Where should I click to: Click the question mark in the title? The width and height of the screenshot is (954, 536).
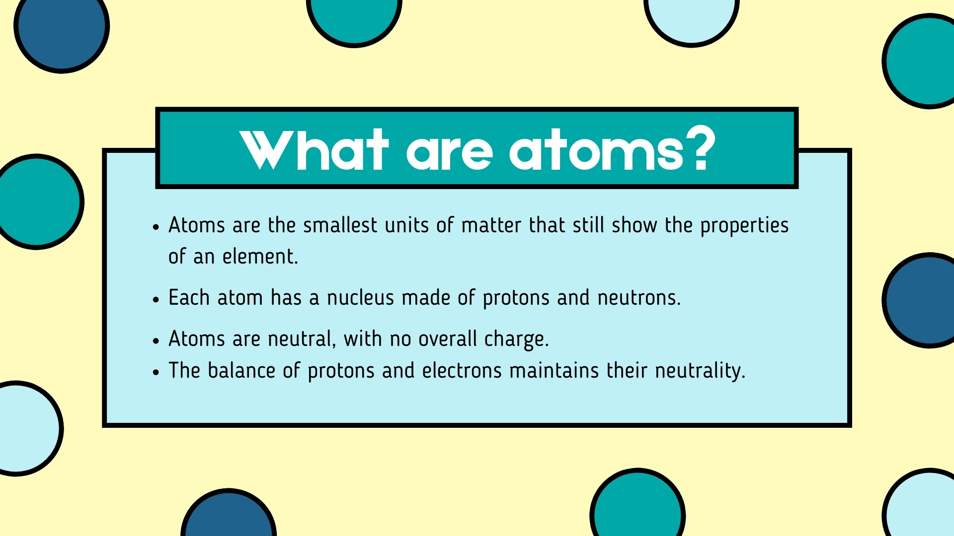pos(698,149)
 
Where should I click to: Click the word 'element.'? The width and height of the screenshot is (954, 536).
pos(260,257)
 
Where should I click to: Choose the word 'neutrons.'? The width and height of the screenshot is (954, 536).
pos(638,298)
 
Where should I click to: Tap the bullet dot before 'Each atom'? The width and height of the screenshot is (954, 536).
pos(156,300)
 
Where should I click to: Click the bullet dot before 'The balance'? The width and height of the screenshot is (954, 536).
pos(156,372)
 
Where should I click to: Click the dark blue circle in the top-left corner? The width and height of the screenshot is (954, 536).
pos(61,27)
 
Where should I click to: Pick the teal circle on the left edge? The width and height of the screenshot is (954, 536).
pos(37,201)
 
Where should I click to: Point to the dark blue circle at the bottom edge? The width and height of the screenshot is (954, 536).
pos(229,516)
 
